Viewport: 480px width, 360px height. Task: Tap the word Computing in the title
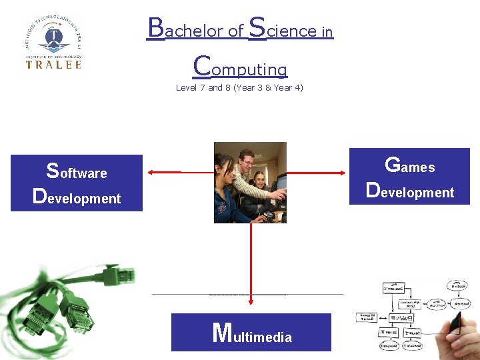[x=240, y=67]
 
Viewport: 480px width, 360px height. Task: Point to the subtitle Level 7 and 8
[x=239, y=87]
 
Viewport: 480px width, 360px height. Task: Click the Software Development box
[x=77, y=183]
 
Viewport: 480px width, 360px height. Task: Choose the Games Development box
[x=410, y=176]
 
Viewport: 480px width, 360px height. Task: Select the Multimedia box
[x=251, y=332]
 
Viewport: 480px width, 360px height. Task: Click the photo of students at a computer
[x=250, y=182]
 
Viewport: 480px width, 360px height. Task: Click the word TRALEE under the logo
[x=53, y=65]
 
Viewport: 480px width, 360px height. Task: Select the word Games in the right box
[x=410, y=165]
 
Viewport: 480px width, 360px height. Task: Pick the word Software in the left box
[x=77, y=172]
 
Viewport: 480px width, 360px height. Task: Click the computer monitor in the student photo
[x=281, y=183]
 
